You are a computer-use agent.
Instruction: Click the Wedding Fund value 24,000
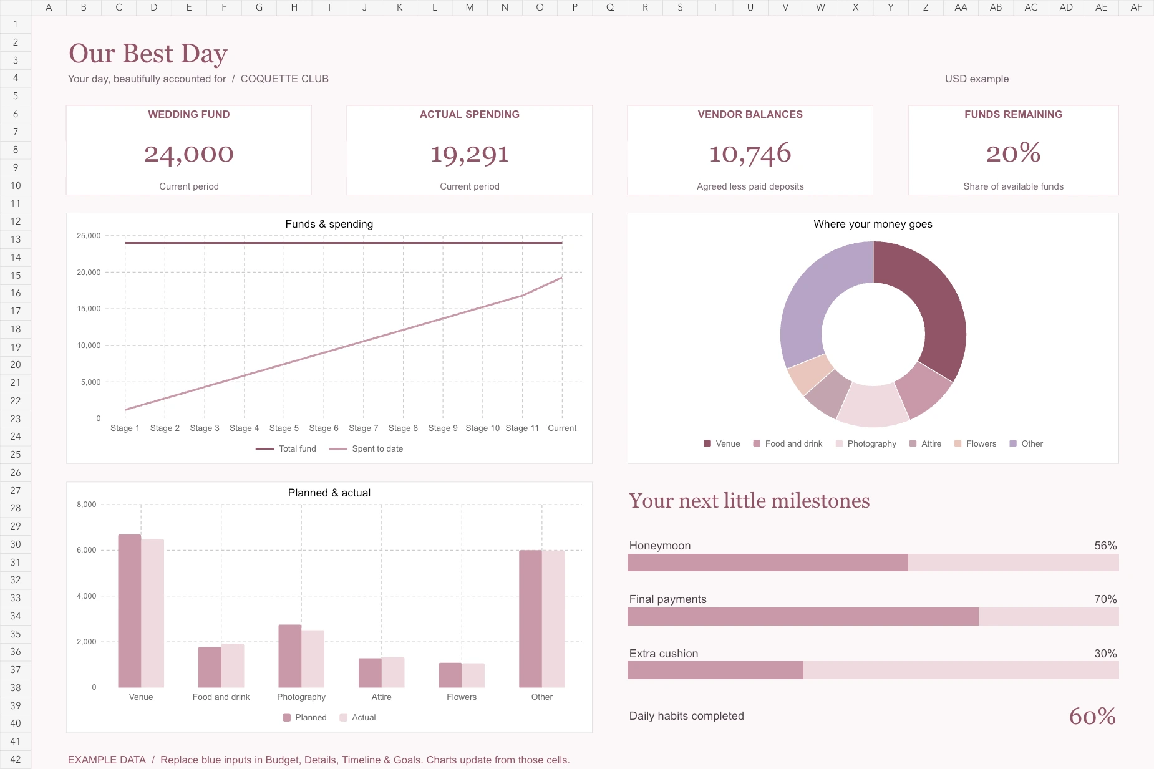coord(189,153)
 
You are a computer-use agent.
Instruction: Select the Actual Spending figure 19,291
coord(470,153)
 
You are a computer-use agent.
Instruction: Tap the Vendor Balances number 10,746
coord(750,153)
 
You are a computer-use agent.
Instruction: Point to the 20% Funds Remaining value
coord(1013,153)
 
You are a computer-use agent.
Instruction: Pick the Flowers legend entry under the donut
coord(976,443)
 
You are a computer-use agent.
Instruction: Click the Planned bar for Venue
coord(130,611)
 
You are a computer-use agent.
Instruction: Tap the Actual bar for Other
coord(553,619)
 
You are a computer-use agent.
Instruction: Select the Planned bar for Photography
coord(290,656)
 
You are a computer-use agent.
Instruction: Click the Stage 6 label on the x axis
coord(324,428)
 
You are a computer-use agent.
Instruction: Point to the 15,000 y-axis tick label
coord(89,309)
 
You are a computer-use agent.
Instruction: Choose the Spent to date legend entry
coord(366,448)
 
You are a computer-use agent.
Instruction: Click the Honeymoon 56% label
coord(1105,546)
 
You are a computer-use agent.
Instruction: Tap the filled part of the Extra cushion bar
coord(715,670)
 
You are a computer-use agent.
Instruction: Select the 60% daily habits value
coord(1092,716)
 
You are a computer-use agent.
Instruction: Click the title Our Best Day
coord(148,54)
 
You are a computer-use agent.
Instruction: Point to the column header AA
coord(961,7)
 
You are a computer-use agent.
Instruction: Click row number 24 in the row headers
coord(16,437)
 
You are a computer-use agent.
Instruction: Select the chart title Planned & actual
coord(329,493)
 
